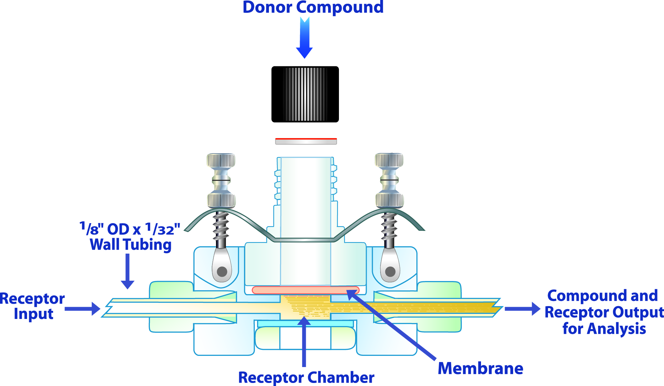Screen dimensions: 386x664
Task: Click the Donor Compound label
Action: (313, 7)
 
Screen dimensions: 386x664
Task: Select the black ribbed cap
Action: (305, 94)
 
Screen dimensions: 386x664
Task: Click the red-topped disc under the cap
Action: (306, 141)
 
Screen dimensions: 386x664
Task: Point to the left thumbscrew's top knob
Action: (221, 160)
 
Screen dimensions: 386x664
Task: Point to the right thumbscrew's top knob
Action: (389, 160)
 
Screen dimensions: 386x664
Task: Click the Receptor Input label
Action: (32, 306)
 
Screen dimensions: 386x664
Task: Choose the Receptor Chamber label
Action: (306, 377)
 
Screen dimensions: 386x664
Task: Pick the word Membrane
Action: (480, 368)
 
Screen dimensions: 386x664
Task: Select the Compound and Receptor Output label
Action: (604, 312)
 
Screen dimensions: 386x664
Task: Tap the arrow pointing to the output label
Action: (523, 308)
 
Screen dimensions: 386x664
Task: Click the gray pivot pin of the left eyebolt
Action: (222, 271)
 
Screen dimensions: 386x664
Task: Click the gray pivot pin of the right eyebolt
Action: (390, 271)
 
